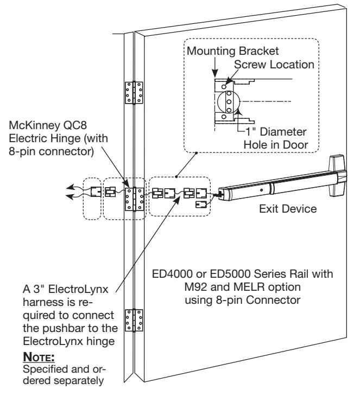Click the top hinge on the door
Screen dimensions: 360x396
tap(134, 93)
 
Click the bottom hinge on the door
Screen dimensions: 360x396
tap(134, 321)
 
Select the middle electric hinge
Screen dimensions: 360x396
tap(135, 199)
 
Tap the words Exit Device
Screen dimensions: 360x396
tap(288, 209)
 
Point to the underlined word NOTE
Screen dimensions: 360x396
tap(39, 357)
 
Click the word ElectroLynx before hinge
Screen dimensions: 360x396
tap(53, 341)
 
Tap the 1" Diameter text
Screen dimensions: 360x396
tap(276, 132)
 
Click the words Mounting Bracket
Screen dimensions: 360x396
tap(232, 51)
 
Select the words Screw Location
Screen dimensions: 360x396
tap(274, 65)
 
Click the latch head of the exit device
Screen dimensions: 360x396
tap(337, 176)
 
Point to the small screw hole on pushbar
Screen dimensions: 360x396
tap(261, 190)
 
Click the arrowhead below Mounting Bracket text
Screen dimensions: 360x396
tap(214, 74)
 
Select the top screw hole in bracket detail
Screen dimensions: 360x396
tap(224, 87)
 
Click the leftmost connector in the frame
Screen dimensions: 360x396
tap(96, 192)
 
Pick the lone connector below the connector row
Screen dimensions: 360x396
tap(201, 204)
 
